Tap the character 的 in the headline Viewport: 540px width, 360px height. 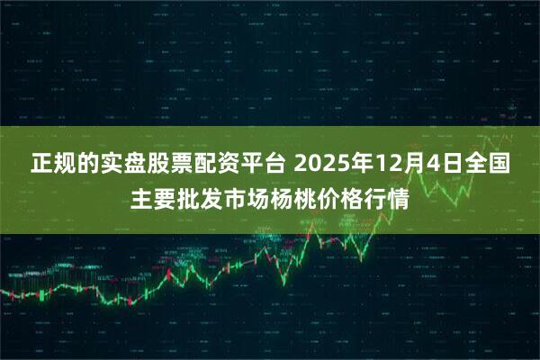point(89,165)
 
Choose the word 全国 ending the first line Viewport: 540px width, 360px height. point(487,165)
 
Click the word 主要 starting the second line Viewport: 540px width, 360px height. point(152,199)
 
